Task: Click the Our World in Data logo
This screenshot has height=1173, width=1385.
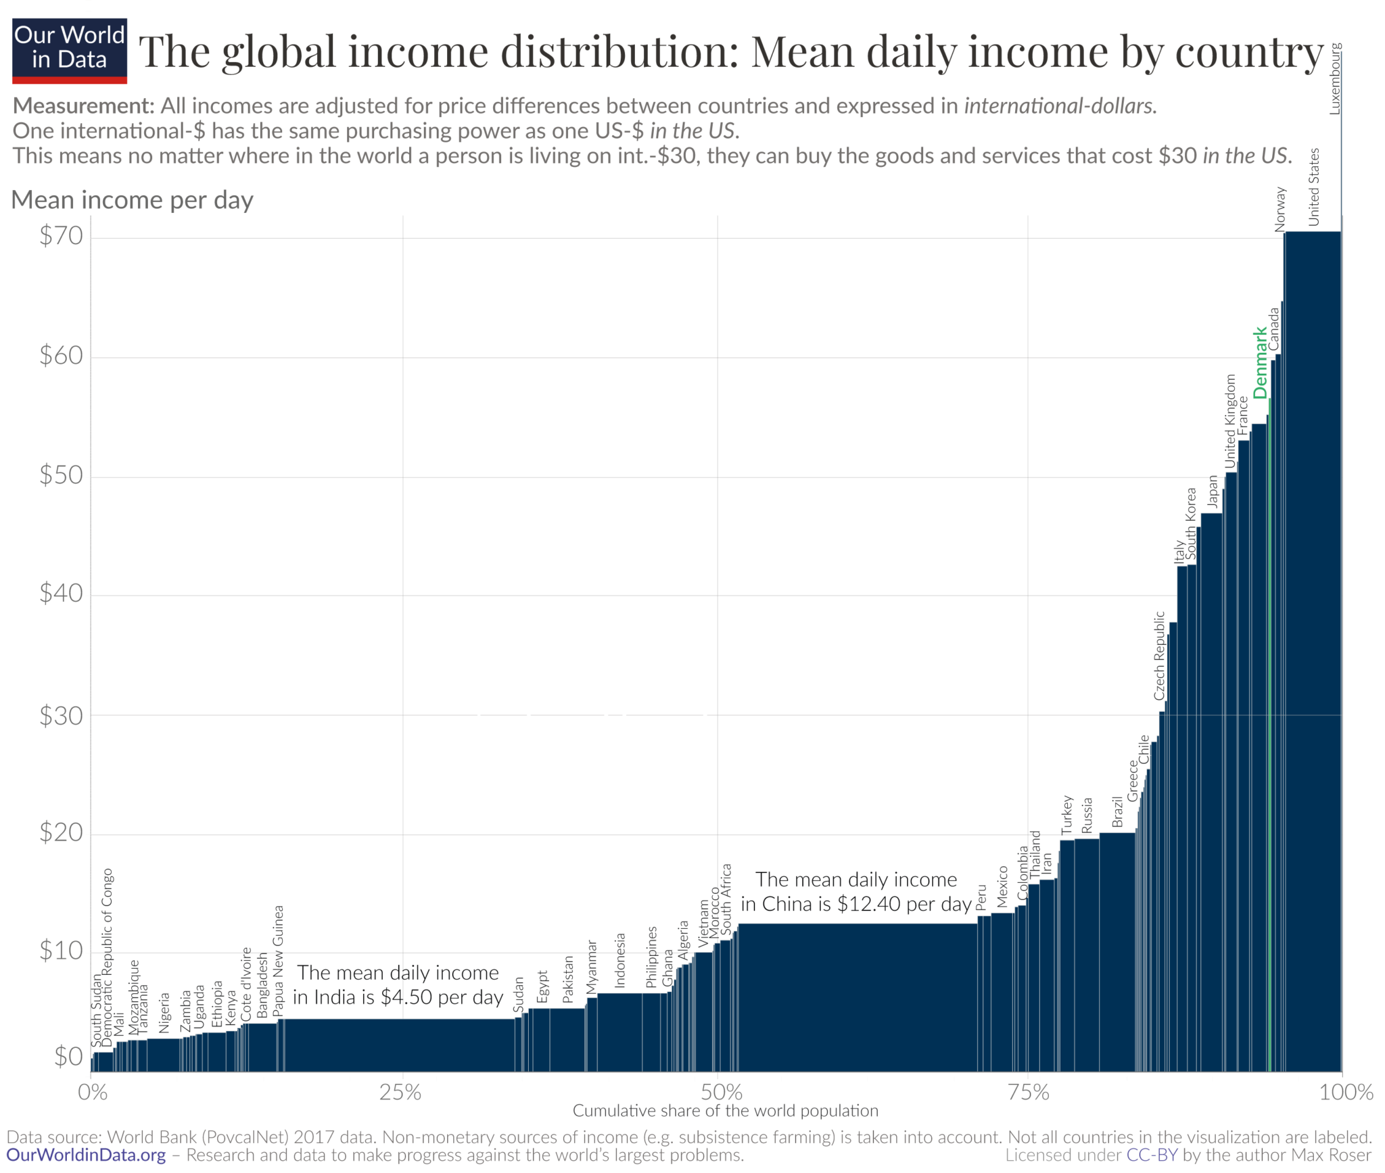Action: (x=70, y=50)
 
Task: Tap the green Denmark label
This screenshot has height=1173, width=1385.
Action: (x=1260, y=363)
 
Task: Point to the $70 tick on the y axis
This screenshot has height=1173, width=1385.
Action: (x=61, y=235)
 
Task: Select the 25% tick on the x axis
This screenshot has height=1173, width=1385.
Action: (x=400, y=1092)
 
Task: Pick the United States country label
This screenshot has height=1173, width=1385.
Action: (x=1313, y=187)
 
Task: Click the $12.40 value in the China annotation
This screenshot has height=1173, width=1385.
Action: (x=868, y=905)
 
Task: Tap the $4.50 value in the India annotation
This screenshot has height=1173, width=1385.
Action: (x=406, y=997)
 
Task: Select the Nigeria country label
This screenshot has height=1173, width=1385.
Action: (x=164, y=1013)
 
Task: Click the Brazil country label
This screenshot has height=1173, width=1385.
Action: (x=1117, y=811)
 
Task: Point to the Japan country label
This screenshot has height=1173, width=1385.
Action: (x=1213, y=492)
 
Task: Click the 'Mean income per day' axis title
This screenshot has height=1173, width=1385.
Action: (x=133, y=200)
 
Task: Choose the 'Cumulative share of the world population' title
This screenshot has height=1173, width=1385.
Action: (x=725, y=1111)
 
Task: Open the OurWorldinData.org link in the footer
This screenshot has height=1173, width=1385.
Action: (x=86, y=1155)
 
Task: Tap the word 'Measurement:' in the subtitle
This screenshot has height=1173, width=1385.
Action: (x=84, y=106)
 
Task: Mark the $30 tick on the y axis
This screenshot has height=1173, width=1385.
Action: (x=61, y=715)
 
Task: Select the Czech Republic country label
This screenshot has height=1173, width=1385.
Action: (x=1159, y=656)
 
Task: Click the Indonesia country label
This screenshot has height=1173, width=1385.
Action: (x=619, y=961)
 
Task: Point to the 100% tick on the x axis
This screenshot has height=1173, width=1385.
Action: (x=1346, y=1092)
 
